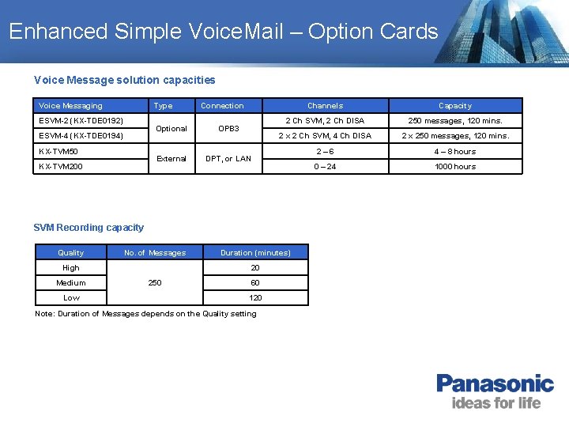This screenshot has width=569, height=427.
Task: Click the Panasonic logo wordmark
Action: pos(495,384)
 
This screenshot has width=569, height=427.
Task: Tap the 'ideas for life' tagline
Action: pos(496,403)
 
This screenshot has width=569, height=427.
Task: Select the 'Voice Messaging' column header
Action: pos(70,106)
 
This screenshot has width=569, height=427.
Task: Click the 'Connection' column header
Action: pos(222,106)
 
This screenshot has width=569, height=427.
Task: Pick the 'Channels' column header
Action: pos(325,106)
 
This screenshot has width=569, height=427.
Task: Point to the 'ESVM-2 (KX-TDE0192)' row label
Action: pos(81,121)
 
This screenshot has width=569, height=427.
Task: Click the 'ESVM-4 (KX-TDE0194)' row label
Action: pos(81,136)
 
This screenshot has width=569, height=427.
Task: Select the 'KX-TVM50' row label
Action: pos(59,151)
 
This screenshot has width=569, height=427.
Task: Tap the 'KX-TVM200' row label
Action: pos(61,167)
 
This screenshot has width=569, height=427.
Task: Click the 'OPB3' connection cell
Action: pos(228,128)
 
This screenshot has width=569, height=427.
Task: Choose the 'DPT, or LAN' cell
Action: pos(228,159)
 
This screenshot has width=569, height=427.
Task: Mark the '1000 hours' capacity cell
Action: pos(454,167)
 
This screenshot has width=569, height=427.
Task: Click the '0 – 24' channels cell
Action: pos(325,167)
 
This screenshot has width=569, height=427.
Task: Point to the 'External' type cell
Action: pos(171,159)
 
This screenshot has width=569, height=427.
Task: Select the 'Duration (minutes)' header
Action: pos(255,253)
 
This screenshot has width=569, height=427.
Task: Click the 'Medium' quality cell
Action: pos(71,283)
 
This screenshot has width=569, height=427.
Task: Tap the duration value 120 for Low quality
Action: pos(255,298)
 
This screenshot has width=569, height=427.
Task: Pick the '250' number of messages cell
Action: pos(155,283)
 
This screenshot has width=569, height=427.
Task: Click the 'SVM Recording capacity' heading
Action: pos(89,228)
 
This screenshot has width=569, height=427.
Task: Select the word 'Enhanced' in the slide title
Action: pos(58,32)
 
